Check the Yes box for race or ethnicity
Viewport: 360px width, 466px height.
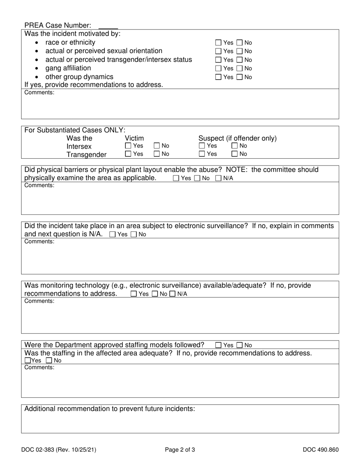(218, 43)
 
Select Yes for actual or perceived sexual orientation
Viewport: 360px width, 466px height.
(218, 51)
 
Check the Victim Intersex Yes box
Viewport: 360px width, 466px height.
(128, 146)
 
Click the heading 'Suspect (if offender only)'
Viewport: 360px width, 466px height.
(237, 138)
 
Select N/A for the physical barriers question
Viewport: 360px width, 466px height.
(219, 178)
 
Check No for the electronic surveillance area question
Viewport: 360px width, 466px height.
(134, 235)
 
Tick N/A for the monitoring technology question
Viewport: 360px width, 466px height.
(172, 294)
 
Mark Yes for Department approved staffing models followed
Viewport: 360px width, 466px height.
(218, 346)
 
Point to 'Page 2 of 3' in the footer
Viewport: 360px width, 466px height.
(180, 450)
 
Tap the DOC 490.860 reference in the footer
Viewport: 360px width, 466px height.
(321, 450)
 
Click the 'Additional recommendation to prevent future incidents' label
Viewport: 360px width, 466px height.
(110, 409)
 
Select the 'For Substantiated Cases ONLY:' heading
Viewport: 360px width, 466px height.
(75, 130)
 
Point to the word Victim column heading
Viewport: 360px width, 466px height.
(134, 138)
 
